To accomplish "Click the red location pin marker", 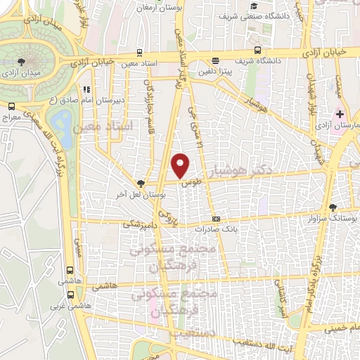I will pos(181,165).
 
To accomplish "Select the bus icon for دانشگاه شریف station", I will pos(257,50).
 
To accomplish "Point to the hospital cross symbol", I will pos(340,114).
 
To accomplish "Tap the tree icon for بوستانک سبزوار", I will pos(332,207).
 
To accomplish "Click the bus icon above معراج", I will pos(11,106).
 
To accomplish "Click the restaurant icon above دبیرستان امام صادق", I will pos(86,90).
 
